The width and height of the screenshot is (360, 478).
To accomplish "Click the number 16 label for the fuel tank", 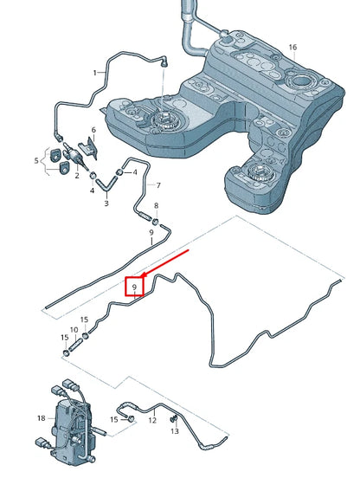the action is point(292,48).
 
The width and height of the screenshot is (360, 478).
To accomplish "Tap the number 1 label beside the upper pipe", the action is point(95,73).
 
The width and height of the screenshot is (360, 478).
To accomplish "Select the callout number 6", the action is point(93,130).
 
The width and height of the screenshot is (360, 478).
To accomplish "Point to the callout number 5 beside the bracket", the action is point(36,161).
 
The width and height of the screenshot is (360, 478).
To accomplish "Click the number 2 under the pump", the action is point(77,176).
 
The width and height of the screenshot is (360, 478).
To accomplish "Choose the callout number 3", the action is point(106,203).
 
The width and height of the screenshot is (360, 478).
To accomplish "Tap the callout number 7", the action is point(158,185).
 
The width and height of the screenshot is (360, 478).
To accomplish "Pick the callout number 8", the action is point(157,206).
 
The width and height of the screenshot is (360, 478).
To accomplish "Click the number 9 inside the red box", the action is point(134,287).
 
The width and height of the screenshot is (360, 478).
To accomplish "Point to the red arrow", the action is point(165,263).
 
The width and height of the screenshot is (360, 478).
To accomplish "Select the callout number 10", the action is point(74,330).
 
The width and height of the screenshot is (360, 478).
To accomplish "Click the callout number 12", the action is point(152,420).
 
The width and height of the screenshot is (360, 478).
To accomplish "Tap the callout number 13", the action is point(175,431).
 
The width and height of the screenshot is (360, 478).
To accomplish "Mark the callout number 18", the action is point(42,418).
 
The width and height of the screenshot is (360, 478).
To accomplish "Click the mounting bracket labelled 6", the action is point(89,147).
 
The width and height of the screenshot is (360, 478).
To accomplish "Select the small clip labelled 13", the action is point(174,419).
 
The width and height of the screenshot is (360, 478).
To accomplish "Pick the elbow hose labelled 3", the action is point(106,184).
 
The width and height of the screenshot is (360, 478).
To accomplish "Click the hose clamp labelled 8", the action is point(156,221).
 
